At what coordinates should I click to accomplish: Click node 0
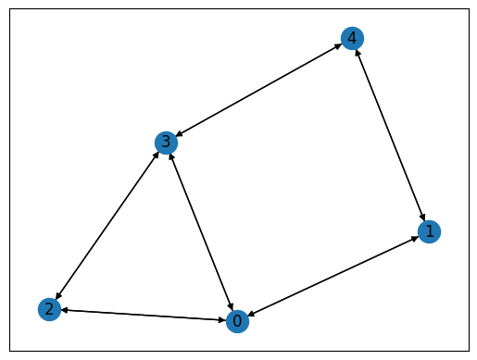click(x=237, y=321)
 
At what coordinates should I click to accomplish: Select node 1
click(x=428, y=231)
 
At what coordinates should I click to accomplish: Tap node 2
click(x=49, y=309)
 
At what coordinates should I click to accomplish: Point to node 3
click(x=166, y=142)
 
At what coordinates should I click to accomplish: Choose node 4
click(x=352, y=38)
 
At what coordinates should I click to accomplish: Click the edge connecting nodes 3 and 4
click(x=258, y=90)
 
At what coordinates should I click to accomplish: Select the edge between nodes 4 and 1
click(x=390, y=134)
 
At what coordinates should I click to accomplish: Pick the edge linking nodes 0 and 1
click(x=333, y=276)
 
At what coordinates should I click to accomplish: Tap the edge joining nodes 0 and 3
click(x=201, y=231)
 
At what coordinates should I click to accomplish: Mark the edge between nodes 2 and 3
click(x=107, y=225)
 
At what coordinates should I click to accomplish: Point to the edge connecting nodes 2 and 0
click(x=143, y=315)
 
